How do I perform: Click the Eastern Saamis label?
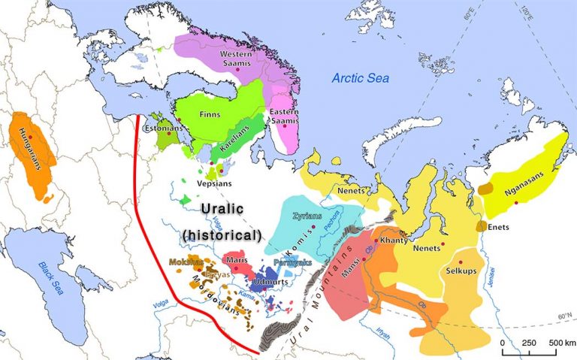(285, 117)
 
